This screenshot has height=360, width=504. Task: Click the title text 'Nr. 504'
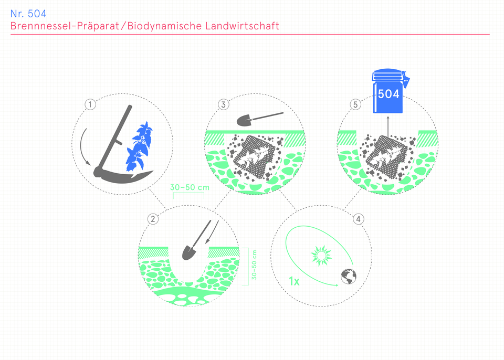point(28,14)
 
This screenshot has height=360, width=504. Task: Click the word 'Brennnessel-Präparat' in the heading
point(65,26)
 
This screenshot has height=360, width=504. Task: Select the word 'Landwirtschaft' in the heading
point(242,26)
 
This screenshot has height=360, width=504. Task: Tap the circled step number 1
point(90,104)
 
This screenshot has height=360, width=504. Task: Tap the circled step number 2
point(153,219)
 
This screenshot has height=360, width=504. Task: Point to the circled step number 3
point(224,104)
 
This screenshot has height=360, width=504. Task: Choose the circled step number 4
point(359,219)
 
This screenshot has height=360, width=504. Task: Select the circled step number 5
point(355,104)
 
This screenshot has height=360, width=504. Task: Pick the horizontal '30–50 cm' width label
point(190,187)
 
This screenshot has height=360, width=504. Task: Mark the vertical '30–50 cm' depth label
point(254,265)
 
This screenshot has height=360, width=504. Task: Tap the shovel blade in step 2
point(188,252)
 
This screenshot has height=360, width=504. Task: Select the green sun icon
point(321,256)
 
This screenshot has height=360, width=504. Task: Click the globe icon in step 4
point(349,277)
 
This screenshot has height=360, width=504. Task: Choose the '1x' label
point(294,281)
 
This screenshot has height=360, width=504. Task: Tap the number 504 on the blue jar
point(388,94)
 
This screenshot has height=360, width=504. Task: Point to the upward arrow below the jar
point(387,127)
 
